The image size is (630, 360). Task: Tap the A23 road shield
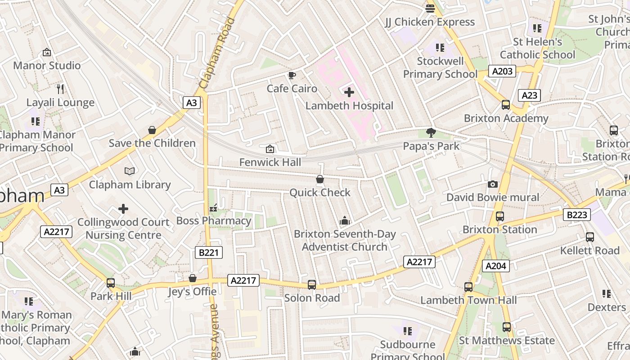pos(529,95)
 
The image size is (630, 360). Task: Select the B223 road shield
pos(576,215)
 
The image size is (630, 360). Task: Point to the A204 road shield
pos(496,266)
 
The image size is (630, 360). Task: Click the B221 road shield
pos(209,252)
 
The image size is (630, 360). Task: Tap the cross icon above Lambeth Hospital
pos(349,92)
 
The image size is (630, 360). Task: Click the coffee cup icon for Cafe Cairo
pos(292,75)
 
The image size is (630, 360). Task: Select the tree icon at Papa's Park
pos(431,132)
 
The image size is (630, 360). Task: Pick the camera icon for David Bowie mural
pos(493,184)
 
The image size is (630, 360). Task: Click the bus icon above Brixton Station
pos(499,216)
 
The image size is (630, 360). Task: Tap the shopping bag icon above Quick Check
pos(320,180)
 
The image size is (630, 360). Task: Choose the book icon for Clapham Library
pos(130,171)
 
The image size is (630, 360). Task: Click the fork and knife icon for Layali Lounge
pos(60,89)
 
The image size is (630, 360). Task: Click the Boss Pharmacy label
pos(214,221)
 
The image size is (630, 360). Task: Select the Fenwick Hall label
pos(270,162)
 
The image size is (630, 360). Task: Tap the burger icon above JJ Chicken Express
pos(430,8)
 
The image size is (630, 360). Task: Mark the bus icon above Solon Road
pos(311,285)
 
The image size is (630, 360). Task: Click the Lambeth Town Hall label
pos(468,300)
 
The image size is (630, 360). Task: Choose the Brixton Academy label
pos(506,118)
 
